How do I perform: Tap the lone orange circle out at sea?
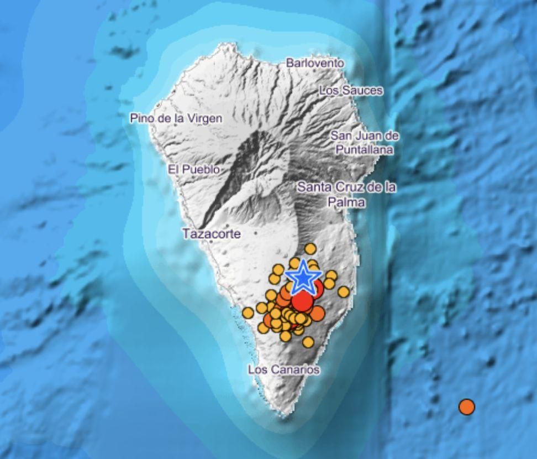tap(467, 407)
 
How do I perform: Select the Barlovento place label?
tap(315, 63)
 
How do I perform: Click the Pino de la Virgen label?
tap(176, 118)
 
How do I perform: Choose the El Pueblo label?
tap(194, 169)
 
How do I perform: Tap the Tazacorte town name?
tap(212, 234)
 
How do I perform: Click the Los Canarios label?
tap(284, 369)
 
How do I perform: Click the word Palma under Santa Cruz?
tap(346, 202)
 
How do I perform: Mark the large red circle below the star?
tap(302, 301)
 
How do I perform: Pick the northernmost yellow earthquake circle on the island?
tap(310, 249)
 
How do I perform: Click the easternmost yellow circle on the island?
tap(344, 291)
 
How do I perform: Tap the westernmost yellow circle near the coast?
tap(248, 313)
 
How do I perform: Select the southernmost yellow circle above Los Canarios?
tap(308, 342)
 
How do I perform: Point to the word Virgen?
tap(204, 118)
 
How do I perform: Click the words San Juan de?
tap(364, 135)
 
